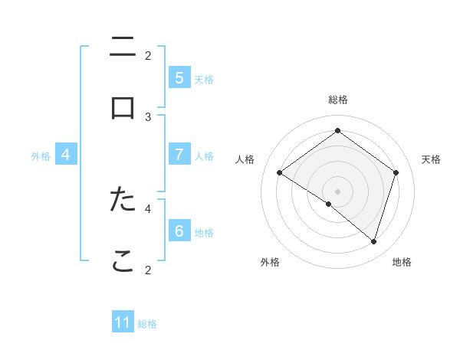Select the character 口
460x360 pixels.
123,108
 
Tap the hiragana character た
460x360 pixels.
123,199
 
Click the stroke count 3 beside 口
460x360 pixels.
148,116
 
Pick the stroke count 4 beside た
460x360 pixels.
148,208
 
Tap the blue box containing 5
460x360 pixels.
179,78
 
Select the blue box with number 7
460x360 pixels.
179,155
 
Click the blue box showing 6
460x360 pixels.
179,231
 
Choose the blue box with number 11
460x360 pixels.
123,322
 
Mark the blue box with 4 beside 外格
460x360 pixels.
65,155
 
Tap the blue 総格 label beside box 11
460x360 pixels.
147,324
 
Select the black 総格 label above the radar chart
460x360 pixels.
337,100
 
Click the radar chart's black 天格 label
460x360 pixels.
431,159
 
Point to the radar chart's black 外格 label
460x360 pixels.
270,262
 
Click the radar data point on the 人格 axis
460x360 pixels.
279,173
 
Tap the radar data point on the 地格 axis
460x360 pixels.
373,241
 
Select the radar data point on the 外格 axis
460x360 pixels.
328,204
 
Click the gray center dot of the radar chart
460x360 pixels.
337,191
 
